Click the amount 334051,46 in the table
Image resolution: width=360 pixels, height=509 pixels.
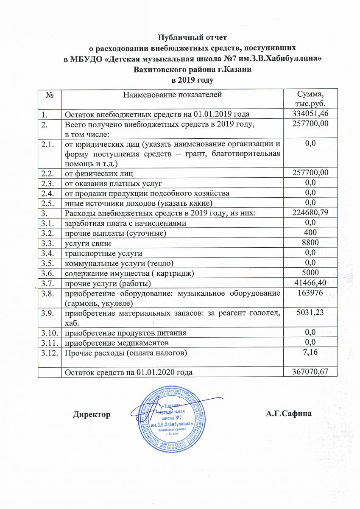coord(310,113)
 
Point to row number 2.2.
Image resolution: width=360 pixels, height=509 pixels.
coord(47,172)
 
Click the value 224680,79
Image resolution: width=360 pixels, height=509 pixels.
coord(310,212)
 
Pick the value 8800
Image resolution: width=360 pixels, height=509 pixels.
coord(310,243)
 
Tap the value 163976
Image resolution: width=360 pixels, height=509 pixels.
coord(310,294)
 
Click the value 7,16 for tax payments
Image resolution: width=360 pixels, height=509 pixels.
coord(310,352)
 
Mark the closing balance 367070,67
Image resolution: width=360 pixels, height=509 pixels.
coord(310,372)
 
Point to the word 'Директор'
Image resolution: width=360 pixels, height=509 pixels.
coord(92,414)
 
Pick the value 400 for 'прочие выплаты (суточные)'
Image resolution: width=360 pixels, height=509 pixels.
coord(310,232)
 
